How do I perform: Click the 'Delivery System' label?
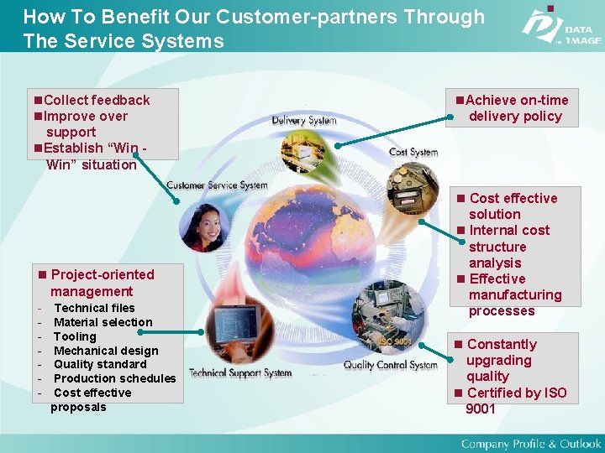(x=303, y=120)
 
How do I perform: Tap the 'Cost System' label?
(x=413, y=152)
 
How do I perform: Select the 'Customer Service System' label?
(x=217, y=185)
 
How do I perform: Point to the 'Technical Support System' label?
(x=239, y=372)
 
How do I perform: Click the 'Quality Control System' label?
(x=390, y=365)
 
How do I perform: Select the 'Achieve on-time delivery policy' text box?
(x=512, y=108)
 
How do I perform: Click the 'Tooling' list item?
(x=75, y=336)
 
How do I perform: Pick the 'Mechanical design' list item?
(x=105, y=351)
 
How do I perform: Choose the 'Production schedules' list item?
(x=114, y=378)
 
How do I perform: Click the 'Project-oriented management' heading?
(x=101, y=283)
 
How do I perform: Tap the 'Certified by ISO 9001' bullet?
(x=515, y=401)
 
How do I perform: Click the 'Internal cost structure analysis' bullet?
(x=508, y=247)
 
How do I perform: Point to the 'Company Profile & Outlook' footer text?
(x=530, y=443)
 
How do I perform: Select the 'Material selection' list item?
(x=103, y=322)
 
